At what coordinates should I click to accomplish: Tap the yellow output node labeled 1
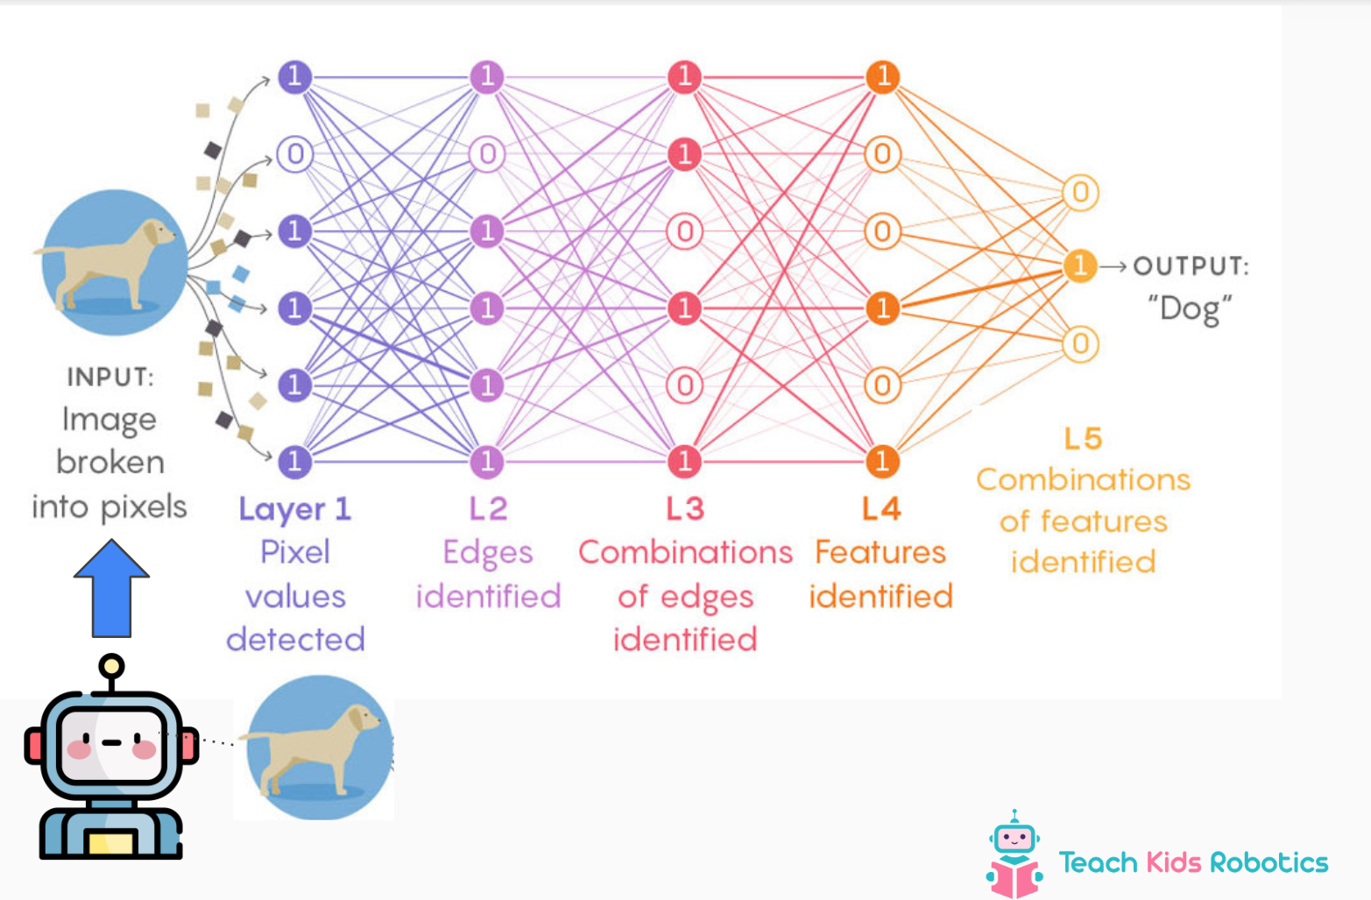[x=1080, y=266]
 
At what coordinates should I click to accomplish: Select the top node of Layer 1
[x=295, y=77]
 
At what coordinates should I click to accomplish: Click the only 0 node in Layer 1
[x=295, y=154]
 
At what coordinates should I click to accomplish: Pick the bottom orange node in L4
[x=882, y=461]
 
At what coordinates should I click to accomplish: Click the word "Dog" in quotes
[x=1190, y=308]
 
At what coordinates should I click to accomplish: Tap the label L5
[x=1083, y=439]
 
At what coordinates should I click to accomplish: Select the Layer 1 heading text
[x=295, y=509]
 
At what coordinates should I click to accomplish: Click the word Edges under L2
[x=488, y=553]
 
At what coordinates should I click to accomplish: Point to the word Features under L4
[x=880, y=553]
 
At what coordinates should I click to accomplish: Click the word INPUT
[x=110, y=377]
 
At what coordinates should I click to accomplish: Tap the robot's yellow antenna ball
[x=111, y=667]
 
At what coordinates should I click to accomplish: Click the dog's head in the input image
[x=158, y=233]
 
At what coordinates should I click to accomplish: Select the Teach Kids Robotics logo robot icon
[x=1014, y=854]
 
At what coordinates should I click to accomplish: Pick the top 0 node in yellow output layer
[x=1080, y=193]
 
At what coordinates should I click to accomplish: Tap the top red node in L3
[x=684, y=77]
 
